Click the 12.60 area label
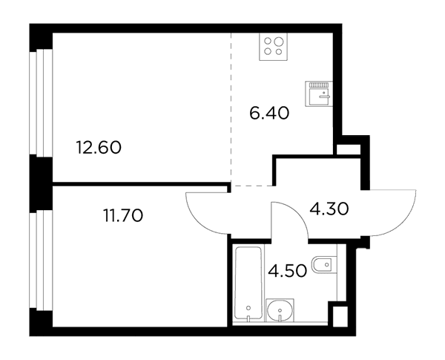99,148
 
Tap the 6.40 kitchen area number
269,113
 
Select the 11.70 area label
123,216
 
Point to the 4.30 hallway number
329,209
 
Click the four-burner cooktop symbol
273,47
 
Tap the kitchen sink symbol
317,94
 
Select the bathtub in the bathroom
248,284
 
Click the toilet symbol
324,265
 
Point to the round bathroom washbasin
280,310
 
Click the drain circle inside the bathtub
248,308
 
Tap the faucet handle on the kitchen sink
324,96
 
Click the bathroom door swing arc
297,211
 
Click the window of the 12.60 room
41,102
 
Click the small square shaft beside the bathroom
340,316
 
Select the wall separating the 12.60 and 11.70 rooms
141,184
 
